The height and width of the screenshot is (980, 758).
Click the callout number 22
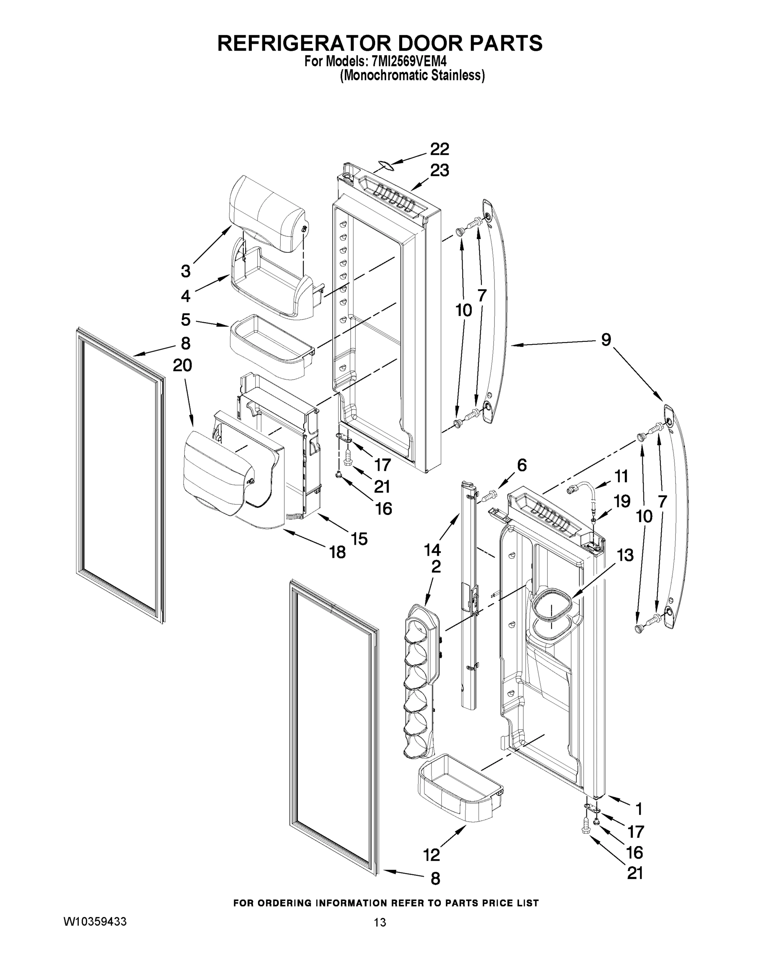439,149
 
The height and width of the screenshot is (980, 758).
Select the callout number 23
439,171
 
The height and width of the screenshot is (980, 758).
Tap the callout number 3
186,271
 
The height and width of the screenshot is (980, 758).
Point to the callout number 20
182,365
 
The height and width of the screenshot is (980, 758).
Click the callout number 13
625,555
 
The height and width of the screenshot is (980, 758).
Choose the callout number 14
432,550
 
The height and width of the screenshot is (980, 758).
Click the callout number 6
521,465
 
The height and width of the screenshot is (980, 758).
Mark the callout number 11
621,476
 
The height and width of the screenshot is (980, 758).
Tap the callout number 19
622,501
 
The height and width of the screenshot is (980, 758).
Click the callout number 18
338,552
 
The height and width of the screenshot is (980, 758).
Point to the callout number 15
359,539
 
